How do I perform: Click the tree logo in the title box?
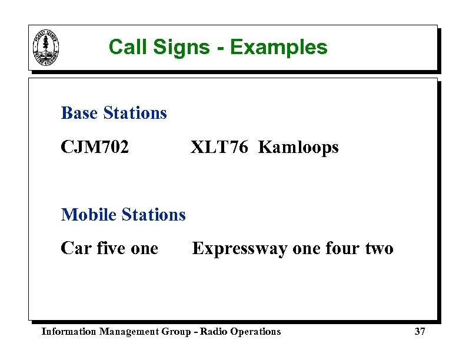click(x=46, y=48)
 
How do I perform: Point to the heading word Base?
click(x=79, y=113)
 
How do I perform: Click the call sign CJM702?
click(x=95, y=147)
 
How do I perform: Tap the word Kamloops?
click(x=298, y=148)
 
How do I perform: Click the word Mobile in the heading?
click(x=88, y=215)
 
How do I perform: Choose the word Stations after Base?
click(x=135, y=113)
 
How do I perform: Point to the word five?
click(x=111, y=249)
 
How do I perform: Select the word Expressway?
click(x=240, y=249)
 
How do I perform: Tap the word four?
click(x=342, y=249)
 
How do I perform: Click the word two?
click(x=380, y=249)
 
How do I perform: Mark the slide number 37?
click(x=420, y=332)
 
